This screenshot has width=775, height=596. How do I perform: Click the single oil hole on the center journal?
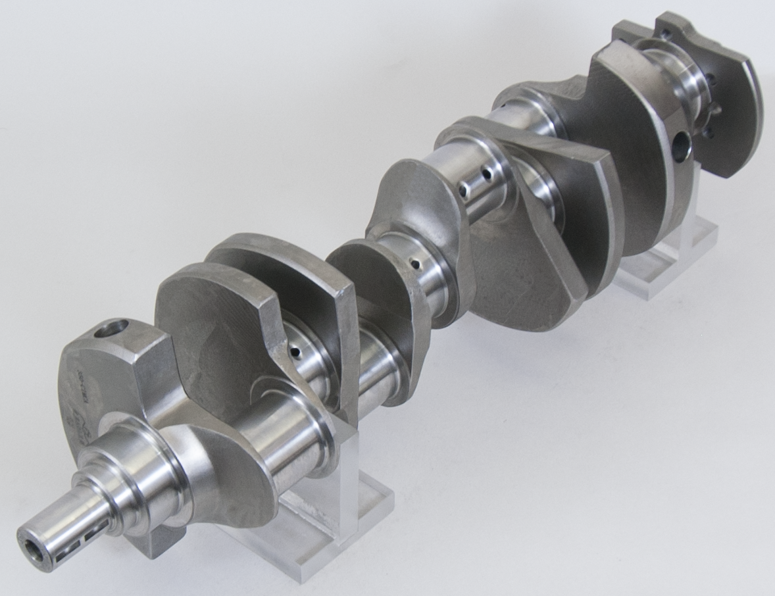point(415,264)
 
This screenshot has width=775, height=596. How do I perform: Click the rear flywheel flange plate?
point(724,99)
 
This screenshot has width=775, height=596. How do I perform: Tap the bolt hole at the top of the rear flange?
point(664,32)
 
